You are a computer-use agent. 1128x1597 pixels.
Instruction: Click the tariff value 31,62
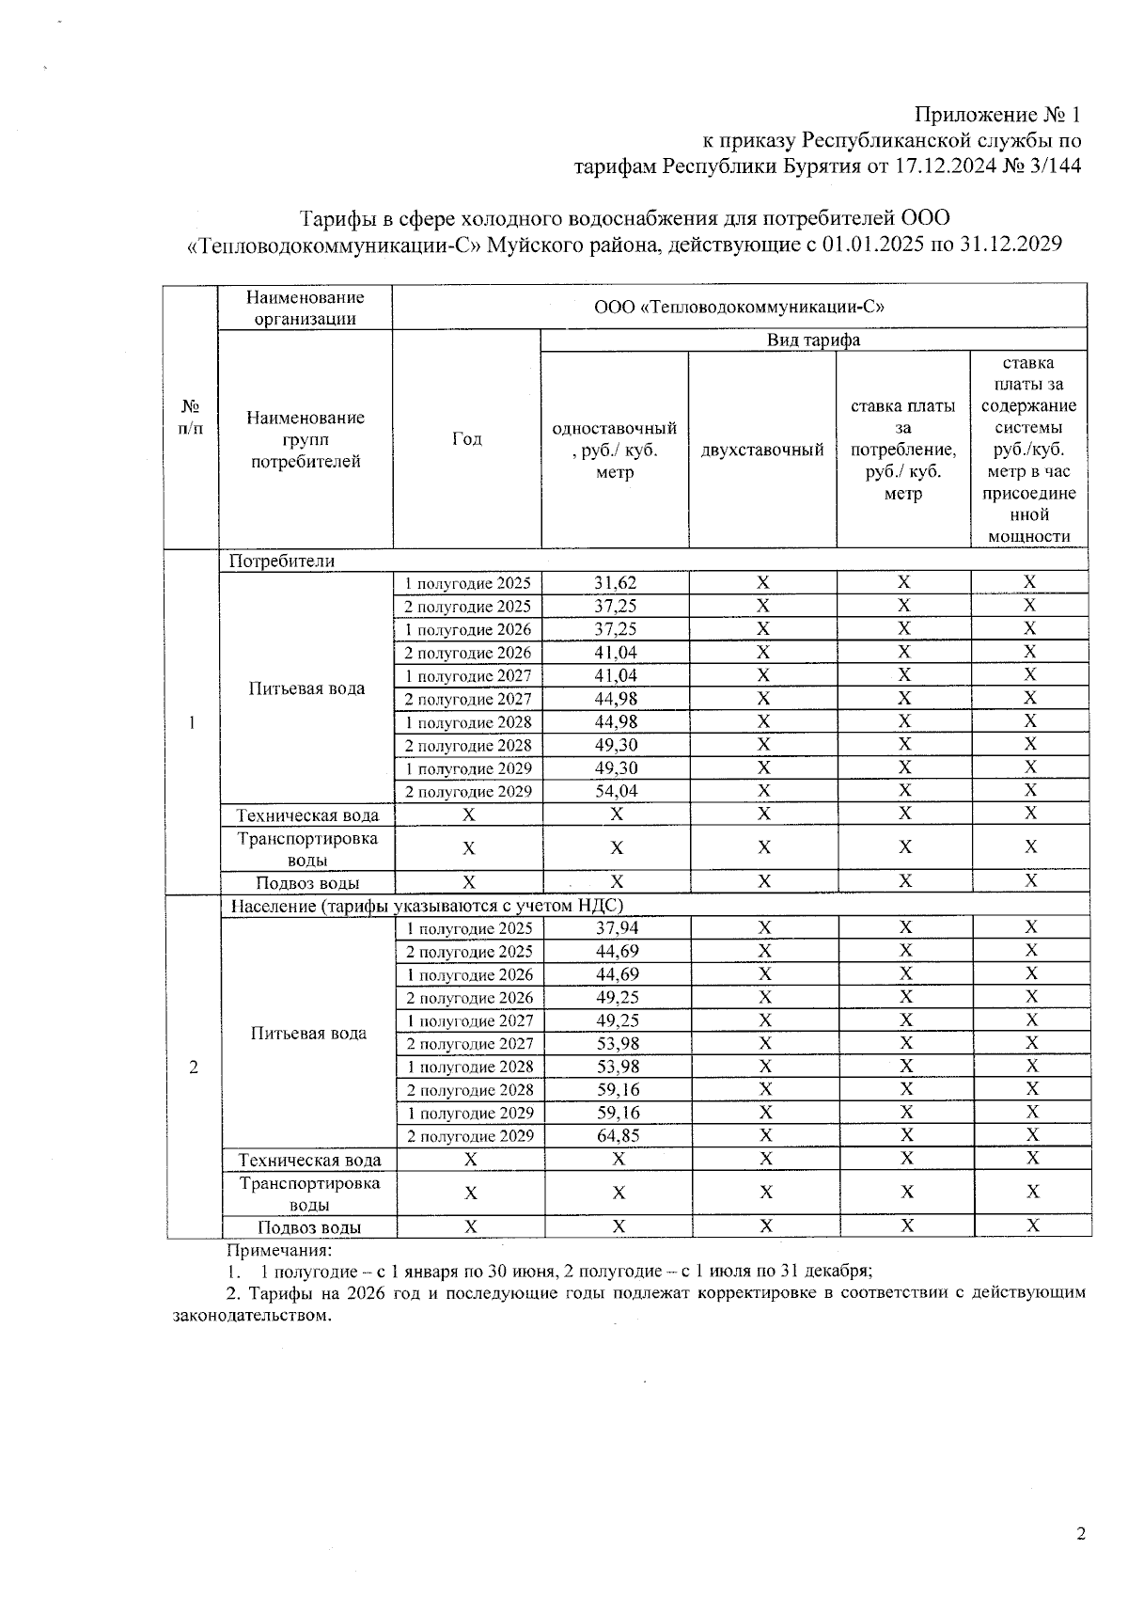(x=615, y=583)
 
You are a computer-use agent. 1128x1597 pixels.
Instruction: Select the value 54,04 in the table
(x=616, y=791)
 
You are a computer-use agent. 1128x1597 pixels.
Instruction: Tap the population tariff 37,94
(x=617, y=928)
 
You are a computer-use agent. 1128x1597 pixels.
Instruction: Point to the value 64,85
(x=618, y=1135)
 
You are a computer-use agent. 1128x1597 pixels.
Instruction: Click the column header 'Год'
(x=466, y=439)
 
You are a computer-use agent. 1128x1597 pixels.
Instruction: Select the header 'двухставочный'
(x=762, y=450)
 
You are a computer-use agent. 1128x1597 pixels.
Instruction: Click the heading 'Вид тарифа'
(x=813, y=340)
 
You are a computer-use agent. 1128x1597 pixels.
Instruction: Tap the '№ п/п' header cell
(x=190, y=417)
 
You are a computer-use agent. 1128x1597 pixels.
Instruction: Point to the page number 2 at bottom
(x=1080, y=1535)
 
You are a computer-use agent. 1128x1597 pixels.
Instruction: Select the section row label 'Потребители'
(x=282, y=561)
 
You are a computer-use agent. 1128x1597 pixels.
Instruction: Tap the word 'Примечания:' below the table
(x=279, y=1251)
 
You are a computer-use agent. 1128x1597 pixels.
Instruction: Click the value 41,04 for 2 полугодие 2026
(x=615, y=653)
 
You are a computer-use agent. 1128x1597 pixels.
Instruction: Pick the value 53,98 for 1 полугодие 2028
(x=618, y=1067)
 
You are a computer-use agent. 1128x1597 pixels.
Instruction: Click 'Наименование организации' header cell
(x=305, y=308)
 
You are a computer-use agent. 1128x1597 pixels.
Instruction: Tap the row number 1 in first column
(x=192, y=722)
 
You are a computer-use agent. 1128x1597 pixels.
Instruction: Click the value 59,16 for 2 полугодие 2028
(x=618, y=1089)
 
